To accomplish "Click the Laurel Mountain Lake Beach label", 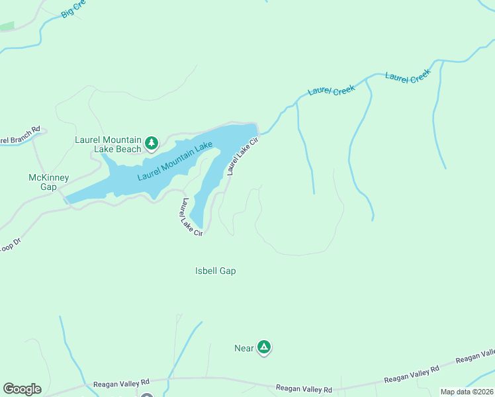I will (x=108, y=144).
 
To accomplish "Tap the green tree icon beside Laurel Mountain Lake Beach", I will (x=152, y=142).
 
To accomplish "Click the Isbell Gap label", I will (x=216, y=271).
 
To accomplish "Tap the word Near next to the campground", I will (x=244, y=348).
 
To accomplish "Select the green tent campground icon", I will (x=264, y=347).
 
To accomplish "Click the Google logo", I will (x=22, y=389).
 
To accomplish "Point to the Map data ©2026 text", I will (x=467, y=392).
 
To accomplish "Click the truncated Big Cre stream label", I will (x=74, y=9).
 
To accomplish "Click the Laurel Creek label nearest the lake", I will (x=332, y=91).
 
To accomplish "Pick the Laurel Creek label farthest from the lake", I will (x=408, y=77).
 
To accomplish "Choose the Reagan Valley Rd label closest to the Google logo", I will (x=121, y=382).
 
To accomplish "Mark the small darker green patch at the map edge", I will (x=7, y=26).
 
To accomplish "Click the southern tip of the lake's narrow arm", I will (x=196, y=224).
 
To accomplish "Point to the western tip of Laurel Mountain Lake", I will (x=66, y=200).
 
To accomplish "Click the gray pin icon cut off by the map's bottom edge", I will (x=146, y=394).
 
